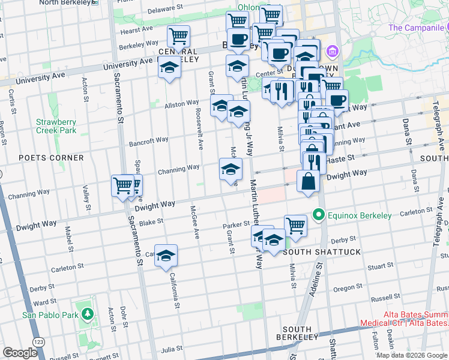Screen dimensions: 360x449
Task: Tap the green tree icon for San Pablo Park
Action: (88, 314)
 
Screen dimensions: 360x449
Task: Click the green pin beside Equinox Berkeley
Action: (318, 215)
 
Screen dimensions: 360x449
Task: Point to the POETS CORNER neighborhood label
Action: (51, 158)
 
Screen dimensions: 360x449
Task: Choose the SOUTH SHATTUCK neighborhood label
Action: (322, 252)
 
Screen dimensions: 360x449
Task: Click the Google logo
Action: (20, 353)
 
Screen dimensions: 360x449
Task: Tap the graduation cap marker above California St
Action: (166, 255)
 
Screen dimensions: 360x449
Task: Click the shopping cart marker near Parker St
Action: (295, 226)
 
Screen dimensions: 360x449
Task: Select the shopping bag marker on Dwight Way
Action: (308, 181)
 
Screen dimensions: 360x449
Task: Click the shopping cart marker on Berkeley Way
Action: (178, 36)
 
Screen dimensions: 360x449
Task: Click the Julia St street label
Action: (172, 349)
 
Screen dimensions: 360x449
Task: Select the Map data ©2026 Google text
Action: (411, 355)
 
